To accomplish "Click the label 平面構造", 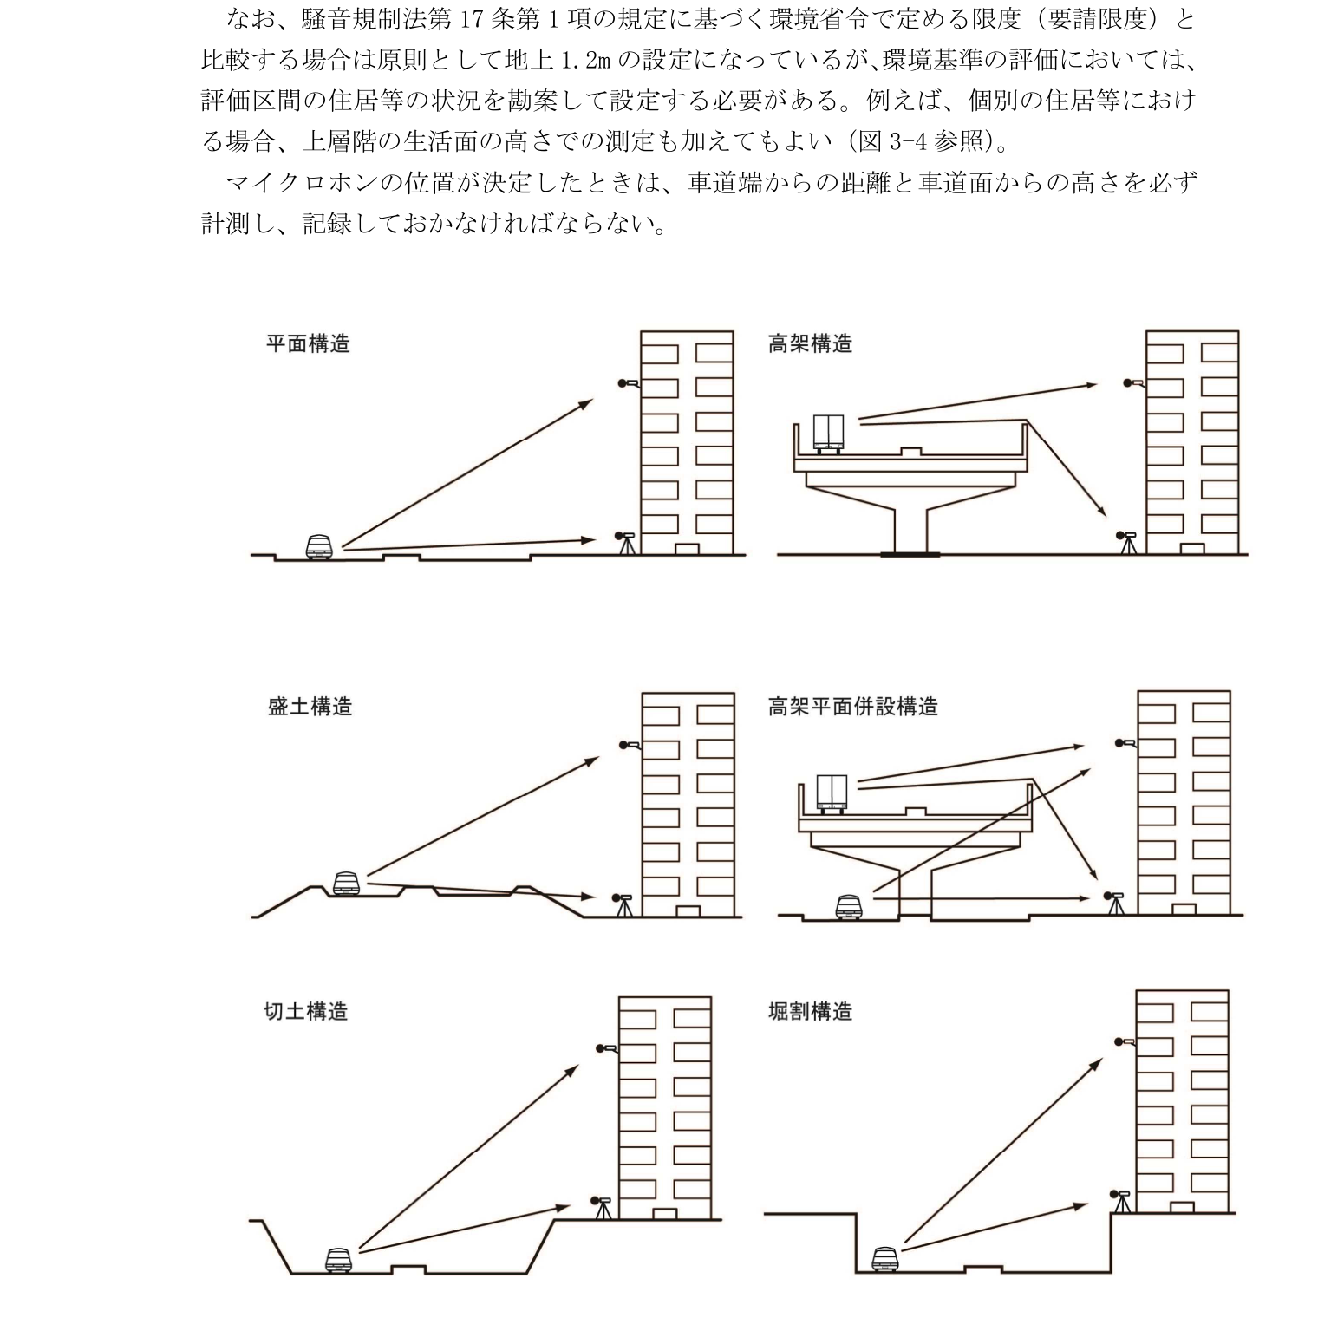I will click(308, 344).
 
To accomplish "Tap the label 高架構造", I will click(810, 344).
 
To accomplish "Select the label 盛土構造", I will click(310, 707).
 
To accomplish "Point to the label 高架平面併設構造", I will click(852, 707).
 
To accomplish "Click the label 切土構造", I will click(305, 1012).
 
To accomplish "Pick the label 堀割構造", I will click(810, 1012).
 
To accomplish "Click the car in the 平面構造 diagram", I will click(319, 547).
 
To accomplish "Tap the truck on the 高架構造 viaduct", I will click(828, 433).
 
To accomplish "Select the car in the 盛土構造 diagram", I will click(345, 884).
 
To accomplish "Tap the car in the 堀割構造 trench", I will click(884, 1258).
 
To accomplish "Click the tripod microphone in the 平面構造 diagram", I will click(625, 544).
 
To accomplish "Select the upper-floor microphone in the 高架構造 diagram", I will click(1132, 382).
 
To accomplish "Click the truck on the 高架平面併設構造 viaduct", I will click(831, 794).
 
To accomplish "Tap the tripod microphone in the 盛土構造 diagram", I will click(623, 904).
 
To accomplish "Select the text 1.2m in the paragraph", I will click(586, 61).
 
